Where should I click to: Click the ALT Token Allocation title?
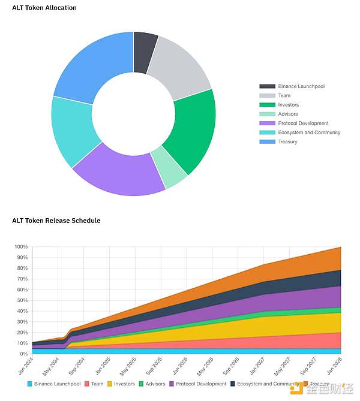(x=44, y=8)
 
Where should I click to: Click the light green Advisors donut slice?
(x=169, y=168)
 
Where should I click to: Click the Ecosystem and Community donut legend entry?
(x=309, y=132)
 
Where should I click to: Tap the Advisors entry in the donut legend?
(x=287, y=114)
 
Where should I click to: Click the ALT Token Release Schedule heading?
(x=56, y=221)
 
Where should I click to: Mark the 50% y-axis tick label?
(x=22, y=300)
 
